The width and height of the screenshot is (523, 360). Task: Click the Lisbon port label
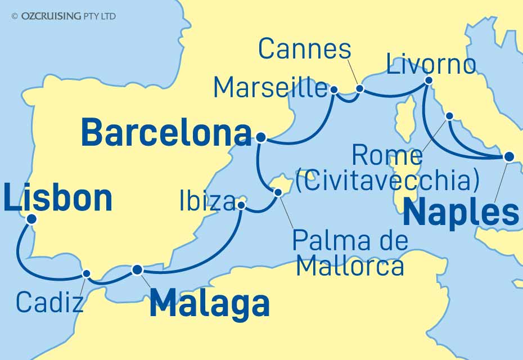(x=58, y=199)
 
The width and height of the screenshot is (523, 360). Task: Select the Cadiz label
(x=49, y=302)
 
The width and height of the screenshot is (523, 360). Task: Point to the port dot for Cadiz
(x=87, y=274)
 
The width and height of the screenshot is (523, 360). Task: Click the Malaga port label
(x=209, y=304)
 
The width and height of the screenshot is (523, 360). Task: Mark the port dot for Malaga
(x=137, y=270)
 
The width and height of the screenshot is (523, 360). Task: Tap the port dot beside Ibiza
(x=241, y=205)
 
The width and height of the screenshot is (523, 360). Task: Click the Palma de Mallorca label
(x=349, y=254)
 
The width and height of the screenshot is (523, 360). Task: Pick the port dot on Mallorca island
(x=278, y=192)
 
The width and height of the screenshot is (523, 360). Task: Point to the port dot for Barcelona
(x=260, y=137)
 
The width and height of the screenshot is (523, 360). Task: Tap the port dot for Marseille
(x=334, y=89)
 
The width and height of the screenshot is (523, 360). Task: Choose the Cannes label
(x=304, y=50)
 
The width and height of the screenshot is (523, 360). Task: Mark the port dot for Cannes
(x=360, y=88)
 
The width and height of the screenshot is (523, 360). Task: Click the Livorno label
(x=431, y=65)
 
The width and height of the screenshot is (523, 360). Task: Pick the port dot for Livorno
(x=429, y=80)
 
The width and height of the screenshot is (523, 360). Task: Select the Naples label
(x=461, y=213)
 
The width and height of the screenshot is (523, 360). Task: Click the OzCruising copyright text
(x=63, y=16)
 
